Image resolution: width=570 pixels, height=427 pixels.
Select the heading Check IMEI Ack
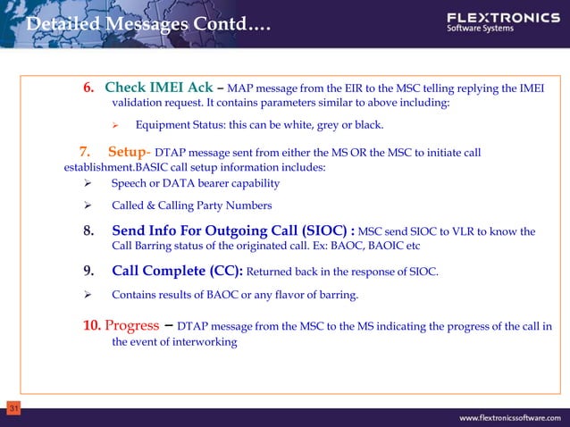[158, 88]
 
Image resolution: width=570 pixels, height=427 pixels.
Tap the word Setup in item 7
[126, 152]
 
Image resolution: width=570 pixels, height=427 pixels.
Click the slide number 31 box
[13, 408]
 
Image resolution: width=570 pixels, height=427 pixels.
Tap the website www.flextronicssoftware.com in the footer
[510, 417]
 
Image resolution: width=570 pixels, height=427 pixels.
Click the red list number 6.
[88, 88]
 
